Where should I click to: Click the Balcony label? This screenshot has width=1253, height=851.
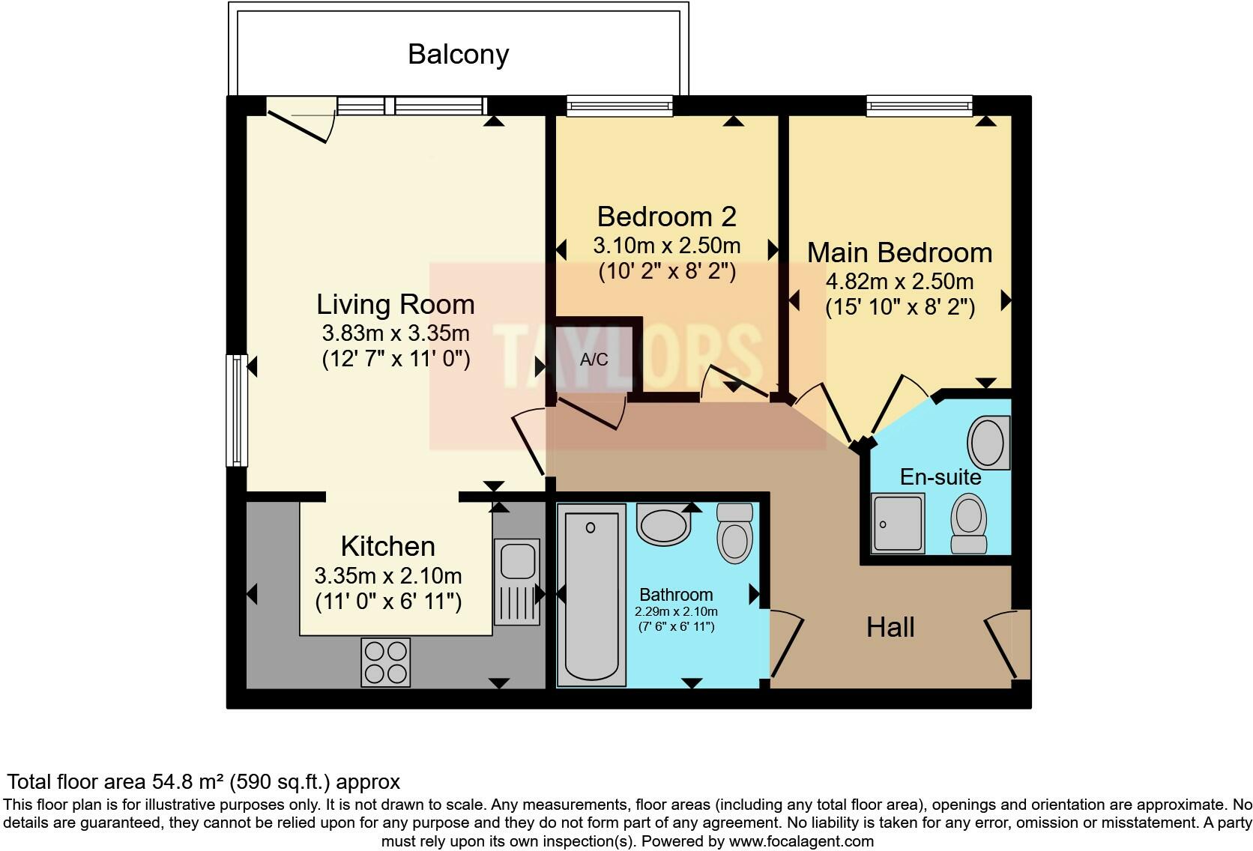click(458, 55)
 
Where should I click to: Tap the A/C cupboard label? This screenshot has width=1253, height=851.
click(594, 360)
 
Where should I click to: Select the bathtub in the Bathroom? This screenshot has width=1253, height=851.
click(591, 595)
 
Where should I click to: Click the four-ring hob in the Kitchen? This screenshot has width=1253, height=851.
click(385, 662)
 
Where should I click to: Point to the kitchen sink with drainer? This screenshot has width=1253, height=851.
click(517, 581)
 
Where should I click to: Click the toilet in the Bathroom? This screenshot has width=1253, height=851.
click(734, 533)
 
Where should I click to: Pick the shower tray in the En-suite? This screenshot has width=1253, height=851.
click(898, 523)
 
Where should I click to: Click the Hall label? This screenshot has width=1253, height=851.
click(890, 627)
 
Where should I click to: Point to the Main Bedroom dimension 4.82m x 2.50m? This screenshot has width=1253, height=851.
click(899, 282)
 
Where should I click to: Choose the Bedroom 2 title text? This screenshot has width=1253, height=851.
click(666, 216)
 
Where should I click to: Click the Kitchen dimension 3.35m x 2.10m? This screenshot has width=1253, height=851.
click(387, 576)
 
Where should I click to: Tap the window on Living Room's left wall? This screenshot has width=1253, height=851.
click(237, 411)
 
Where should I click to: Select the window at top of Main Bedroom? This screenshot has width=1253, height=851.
click(919, 106)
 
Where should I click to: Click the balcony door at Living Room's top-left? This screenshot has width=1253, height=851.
click(299, 123)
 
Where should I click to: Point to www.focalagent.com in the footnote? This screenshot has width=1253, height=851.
click(800, 841)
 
